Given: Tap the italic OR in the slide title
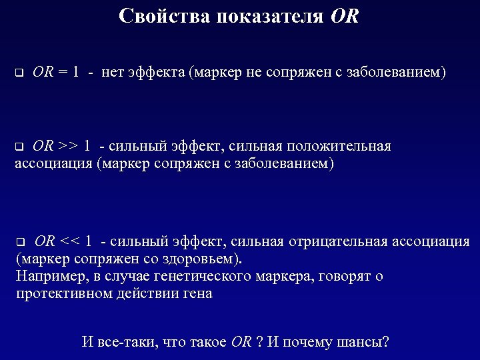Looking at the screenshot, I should pos(344,16).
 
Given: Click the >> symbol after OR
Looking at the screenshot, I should pos(69,146).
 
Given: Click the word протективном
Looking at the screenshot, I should pos(56,293).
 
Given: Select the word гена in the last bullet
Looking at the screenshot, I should pos(197,293).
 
